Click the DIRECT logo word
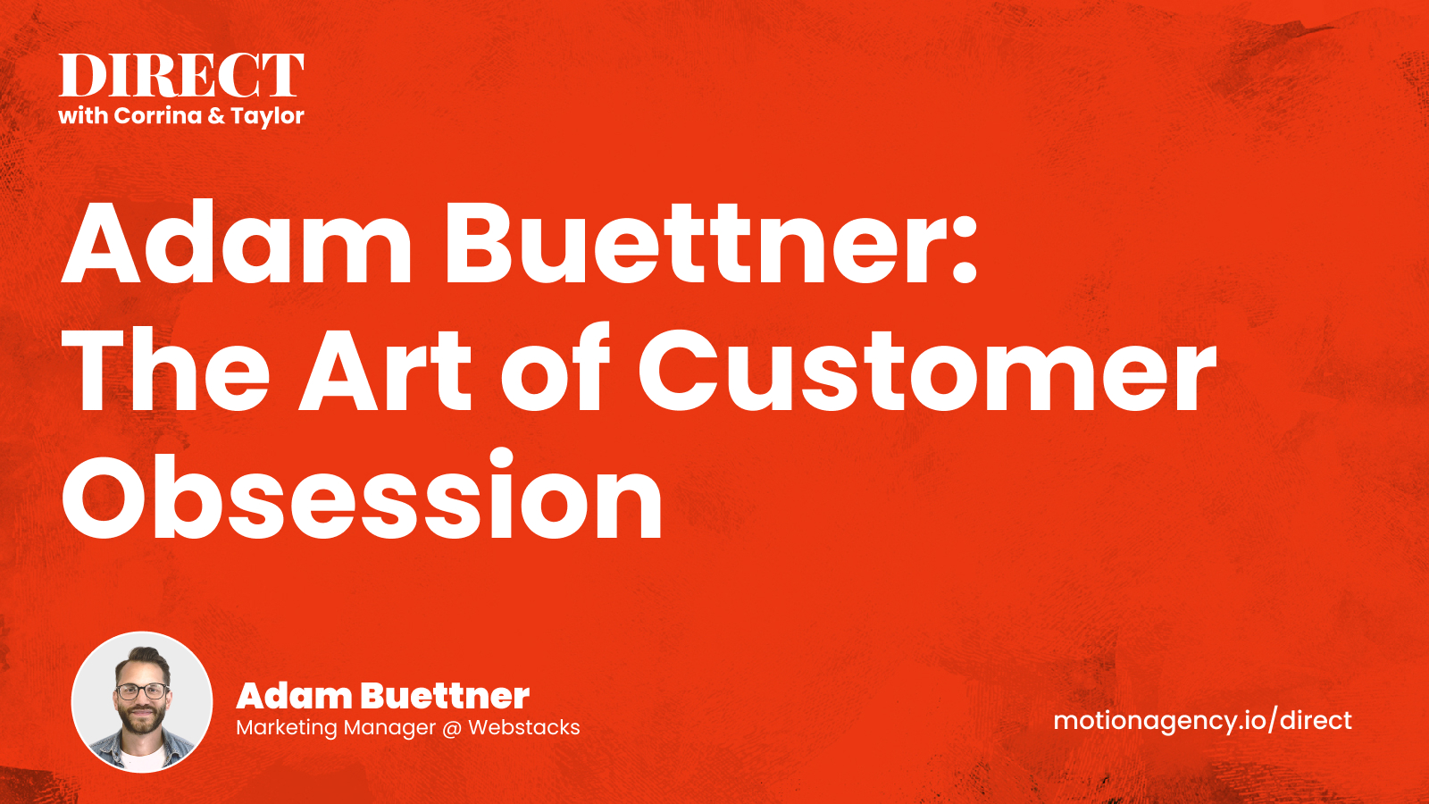181,75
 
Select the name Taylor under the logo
267,117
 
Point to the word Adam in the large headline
237,242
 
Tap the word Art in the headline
385,370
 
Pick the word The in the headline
166,370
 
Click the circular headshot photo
142,702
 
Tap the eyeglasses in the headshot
142,691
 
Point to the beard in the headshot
142,721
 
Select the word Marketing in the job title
287,728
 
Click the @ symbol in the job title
452,728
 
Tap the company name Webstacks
523,727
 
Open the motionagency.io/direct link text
1202,722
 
